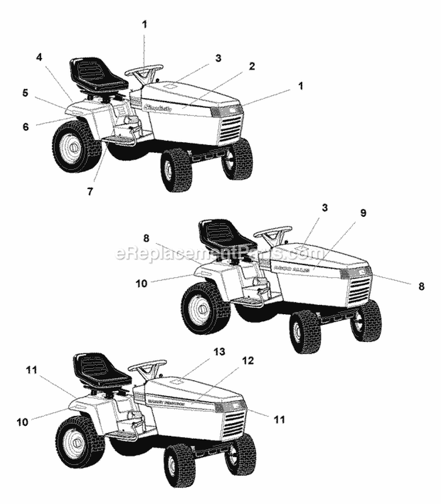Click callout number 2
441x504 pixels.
(252, 66)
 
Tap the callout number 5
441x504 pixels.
(25, 92)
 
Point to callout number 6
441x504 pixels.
(25, 126)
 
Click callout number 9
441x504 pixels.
(363, 213)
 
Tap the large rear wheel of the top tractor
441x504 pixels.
(76, 146)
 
